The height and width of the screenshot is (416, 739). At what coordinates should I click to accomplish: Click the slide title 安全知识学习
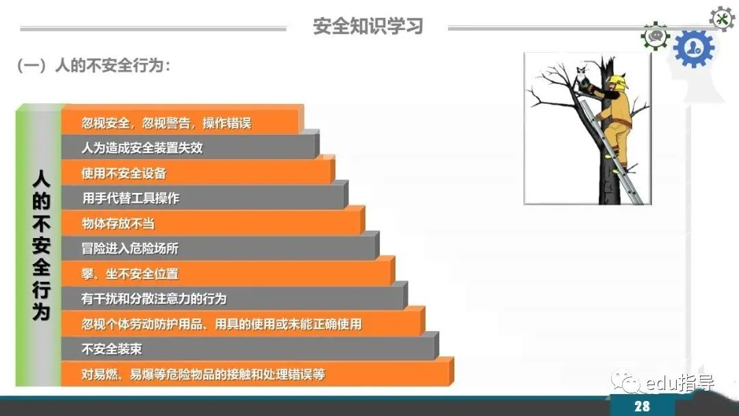click(368, 26)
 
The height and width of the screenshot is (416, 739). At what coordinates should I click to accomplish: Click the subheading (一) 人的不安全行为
click(93, 65)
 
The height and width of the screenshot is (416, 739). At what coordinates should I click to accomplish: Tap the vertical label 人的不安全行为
click(41, 245)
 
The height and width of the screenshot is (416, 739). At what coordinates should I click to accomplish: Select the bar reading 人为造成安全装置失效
click(190, 148)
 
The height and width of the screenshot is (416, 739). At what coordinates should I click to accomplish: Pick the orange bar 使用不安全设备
click(198, 172)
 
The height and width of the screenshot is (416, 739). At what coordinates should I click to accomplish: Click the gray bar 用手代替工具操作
click(205, 198)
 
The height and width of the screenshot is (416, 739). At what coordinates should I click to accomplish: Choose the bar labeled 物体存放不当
click(213, 223)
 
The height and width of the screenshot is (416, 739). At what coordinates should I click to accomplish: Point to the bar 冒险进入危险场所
click(220, 248)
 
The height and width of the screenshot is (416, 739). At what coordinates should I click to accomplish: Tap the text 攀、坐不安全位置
click(130, 274)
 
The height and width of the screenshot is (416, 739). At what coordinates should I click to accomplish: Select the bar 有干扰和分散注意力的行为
click(234, 298)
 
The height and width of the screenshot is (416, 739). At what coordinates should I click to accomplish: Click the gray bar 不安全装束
click(250, 349)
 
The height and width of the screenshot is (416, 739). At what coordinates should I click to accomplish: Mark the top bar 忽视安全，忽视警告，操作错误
click(183, 122)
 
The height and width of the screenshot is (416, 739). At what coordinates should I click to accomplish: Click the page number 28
click(642, 406)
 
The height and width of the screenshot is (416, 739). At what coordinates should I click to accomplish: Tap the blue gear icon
click(694, 48)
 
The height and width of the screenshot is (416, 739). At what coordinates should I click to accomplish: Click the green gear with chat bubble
click(655, 36)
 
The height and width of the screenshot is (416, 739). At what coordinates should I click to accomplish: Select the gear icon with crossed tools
click(722, 19)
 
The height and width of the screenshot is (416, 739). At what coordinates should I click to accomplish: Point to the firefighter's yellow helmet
click(617, 81)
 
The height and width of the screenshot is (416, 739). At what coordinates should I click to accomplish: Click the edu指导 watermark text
click(681, 383)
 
